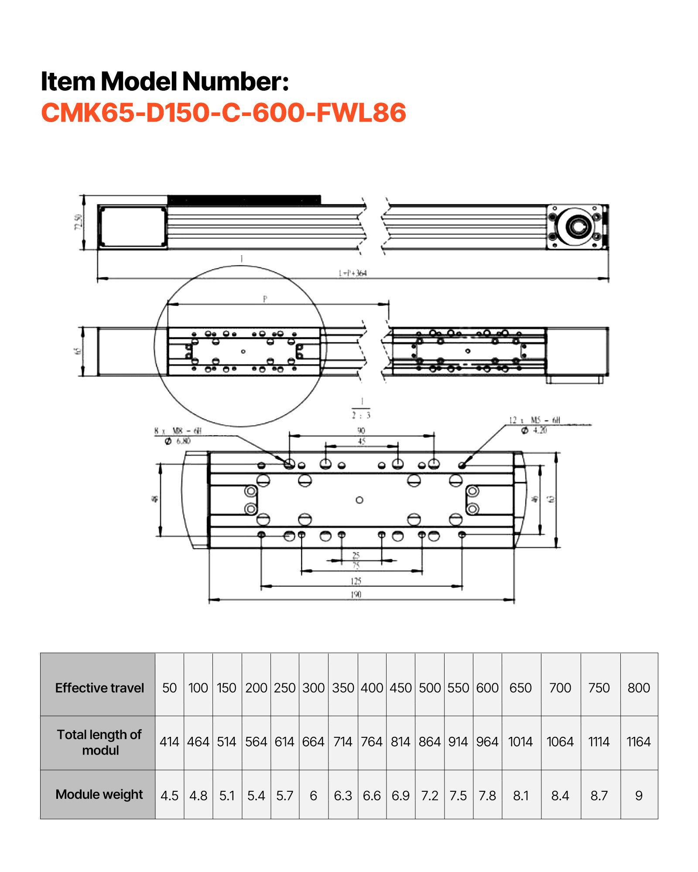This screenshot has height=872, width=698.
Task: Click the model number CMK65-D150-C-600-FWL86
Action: [x=223, y=112]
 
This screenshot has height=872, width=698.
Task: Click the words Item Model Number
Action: [x=164, y=82]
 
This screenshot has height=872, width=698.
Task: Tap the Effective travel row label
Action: [x=99, y=688]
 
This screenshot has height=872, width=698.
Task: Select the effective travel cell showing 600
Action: [x=487, y=688]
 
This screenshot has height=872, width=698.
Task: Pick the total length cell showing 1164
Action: [x=638, y=742]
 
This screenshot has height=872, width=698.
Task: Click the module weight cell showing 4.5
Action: [x=169, y=796]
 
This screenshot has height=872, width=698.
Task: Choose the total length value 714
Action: [x=342, y=742]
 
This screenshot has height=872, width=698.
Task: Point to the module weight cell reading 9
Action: [x=638, y=796]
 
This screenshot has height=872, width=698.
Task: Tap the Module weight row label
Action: [x=99, y=794]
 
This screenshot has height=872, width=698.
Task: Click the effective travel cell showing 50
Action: [x=169, y=688]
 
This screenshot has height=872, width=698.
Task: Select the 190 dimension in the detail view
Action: [x=356, y=595]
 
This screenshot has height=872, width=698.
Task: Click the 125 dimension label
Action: [x=356, y=581]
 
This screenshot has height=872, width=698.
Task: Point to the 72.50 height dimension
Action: [x=78, y=222]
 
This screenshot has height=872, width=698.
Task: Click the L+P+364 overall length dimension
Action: [x=352, y=273]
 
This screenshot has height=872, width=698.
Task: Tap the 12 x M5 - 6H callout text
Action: [x=534, y=420]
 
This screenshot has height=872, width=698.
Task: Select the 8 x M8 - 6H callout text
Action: [x=178, y=431]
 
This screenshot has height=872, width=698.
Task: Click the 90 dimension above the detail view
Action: [x=361, y=431]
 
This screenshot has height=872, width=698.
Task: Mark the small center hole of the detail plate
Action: [x=359, y=500]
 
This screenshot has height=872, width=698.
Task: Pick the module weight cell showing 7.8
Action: [x=487, y=796]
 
